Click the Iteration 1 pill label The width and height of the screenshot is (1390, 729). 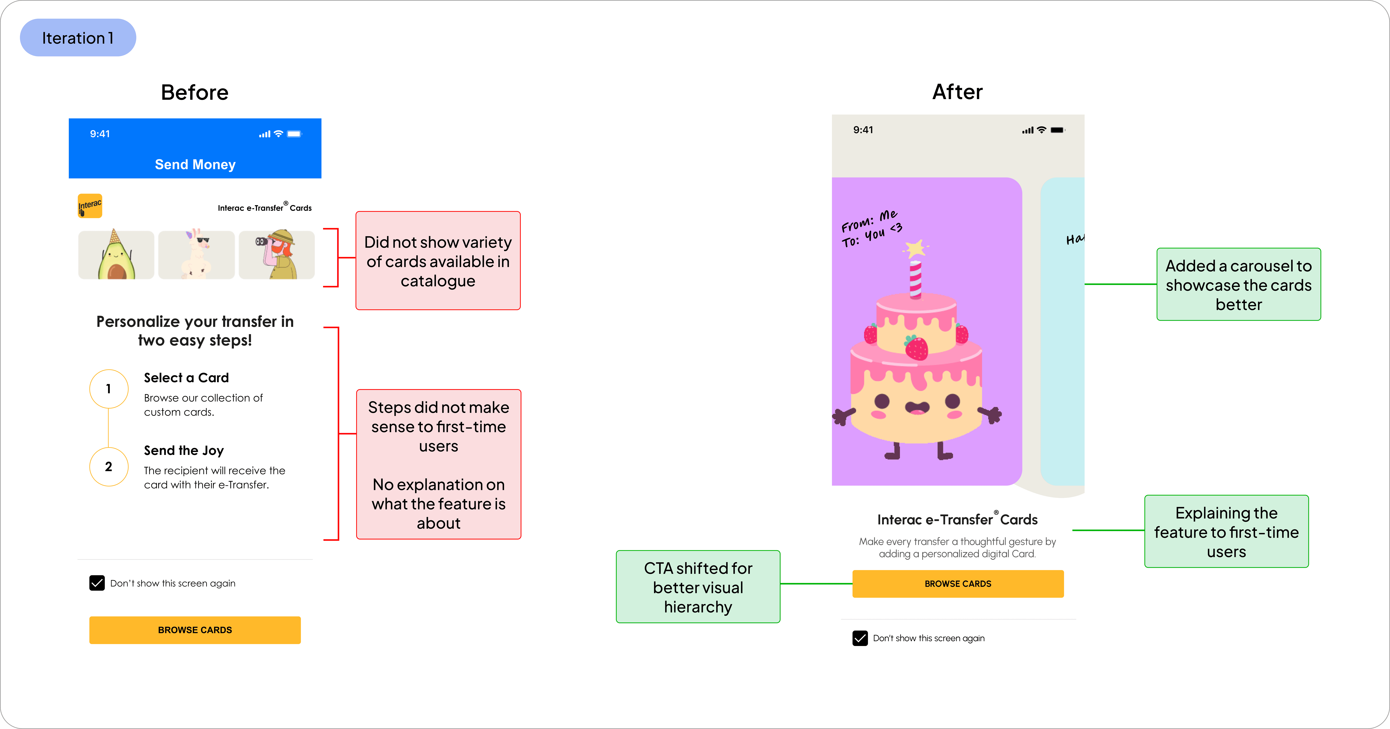78,38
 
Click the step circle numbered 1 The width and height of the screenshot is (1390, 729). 108,389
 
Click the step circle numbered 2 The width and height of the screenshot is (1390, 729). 108,466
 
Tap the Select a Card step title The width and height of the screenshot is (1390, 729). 186,378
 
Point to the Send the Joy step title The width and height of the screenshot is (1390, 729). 183,450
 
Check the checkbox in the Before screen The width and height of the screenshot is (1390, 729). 97,583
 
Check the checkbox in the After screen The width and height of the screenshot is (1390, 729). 860,638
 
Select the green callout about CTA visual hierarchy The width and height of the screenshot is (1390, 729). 698,587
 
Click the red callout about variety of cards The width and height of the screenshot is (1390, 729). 438,261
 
